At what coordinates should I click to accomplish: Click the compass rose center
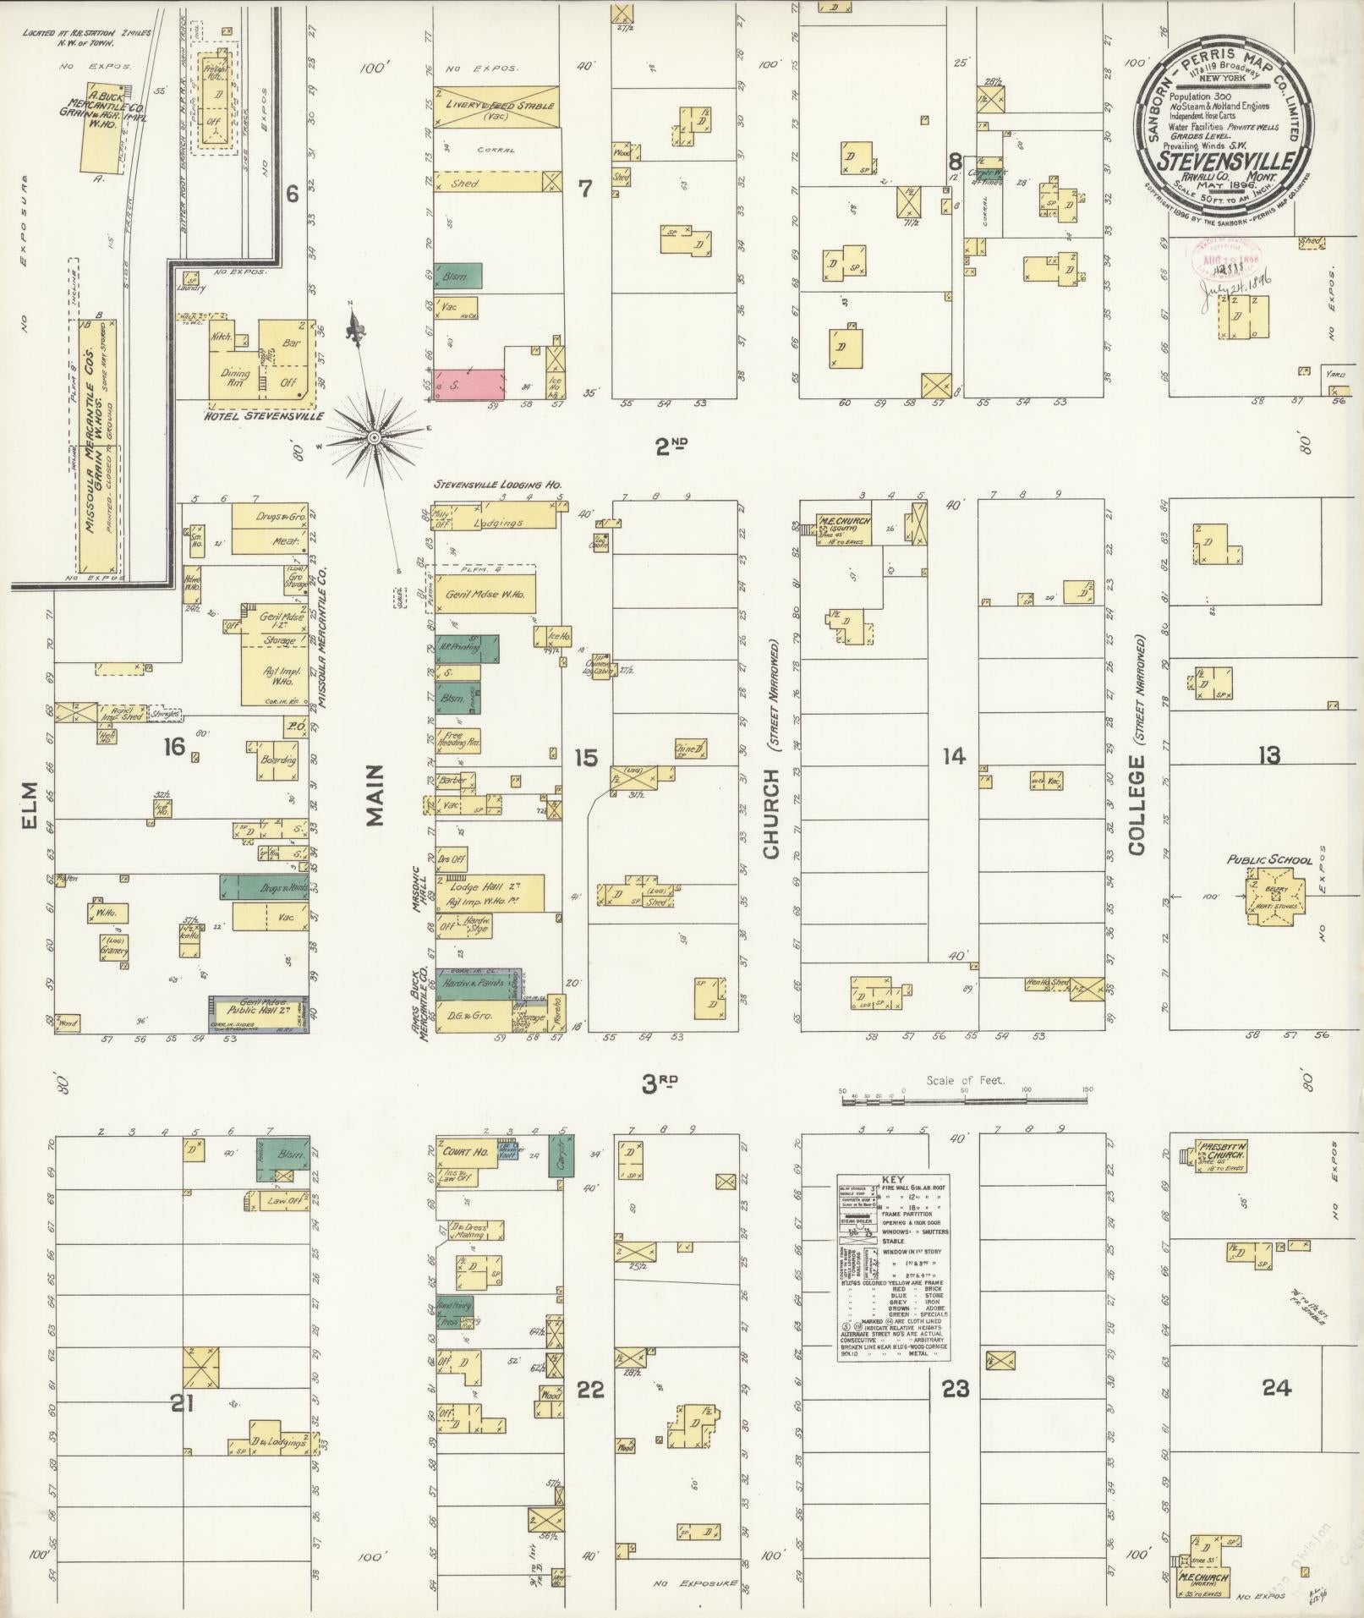(x=373, y=436)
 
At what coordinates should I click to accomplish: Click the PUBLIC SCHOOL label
(x=1270, y=860)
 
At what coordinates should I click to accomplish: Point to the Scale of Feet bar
(x=964, y=1100)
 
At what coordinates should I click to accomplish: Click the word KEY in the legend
(x=893, y=1178)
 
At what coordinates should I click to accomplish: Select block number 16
(x=174, y=747)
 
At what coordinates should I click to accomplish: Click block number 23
(x=955, y=1388)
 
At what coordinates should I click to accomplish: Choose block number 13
(x=1268, y=755)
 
